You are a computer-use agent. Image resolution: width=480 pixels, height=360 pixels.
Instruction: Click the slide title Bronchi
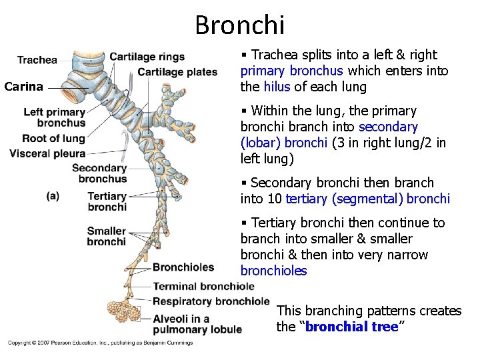[x=240, y=25]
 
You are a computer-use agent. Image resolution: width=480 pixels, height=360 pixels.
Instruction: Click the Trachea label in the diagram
[x=37, y=60]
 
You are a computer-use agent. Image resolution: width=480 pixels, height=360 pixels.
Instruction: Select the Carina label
[x=23, y=86]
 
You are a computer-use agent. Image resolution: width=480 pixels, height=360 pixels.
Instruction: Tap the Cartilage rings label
[x=147, y=57]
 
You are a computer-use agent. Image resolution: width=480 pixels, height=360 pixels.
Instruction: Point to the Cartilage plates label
[x=177, y=72]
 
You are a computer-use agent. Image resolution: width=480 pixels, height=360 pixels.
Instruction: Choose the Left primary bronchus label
[x=55, y=117]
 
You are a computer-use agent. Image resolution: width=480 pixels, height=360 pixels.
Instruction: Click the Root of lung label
[x=53, y=139]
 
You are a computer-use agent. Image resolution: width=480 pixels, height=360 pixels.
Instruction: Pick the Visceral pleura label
[x=49, y=153]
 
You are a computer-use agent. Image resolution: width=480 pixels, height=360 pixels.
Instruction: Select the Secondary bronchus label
[x=99, y=173]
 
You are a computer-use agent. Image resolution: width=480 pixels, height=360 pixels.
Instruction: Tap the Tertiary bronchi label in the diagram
[x=107, y=201]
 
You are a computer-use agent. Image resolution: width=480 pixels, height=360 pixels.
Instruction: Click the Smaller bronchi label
[x=106, y=236]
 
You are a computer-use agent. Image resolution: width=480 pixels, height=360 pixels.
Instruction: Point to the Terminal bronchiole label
[x=204, y=287]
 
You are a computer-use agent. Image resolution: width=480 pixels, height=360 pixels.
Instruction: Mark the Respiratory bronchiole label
[x=211, y=301]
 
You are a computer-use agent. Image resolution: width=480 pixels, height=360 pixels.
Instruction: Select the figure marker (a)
[x=53, y=196]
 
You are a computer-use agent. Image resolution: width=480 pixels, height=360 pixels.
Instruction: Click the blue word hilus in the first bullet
[x=277, y=87]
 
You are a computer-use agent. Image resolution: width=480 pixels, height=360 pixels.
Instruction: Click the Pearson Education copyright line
[x=100, y=343]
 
